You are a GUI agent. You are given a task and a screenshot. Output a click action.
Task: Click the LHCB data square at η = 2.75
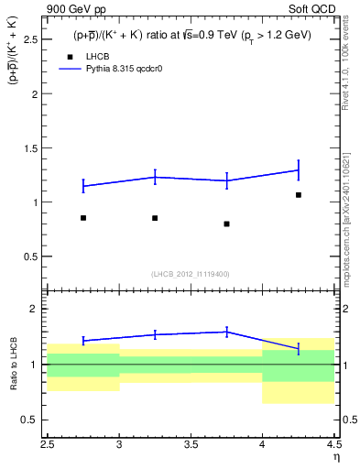83,218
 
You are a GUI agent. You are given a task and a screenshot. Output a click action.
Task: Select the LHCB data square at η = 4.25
299,195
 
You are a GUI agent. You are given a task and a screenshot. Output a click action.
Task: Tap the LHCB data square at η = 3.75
226,224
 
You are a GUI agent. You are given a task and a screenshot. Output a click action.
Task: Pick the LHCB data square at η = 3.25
155,218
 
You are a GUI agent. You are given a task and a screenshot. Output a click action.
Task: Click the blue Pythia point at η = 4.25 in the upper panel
299,169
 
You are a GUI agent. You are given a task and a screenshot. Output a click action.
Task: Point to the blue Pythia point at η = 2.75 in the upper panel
83,186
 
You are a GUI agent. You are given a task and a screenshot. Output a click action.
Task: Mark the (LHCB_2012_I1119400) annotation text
191,274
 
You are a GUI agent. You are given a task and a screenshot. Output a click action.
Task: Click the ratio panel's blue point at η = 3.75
226,332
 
